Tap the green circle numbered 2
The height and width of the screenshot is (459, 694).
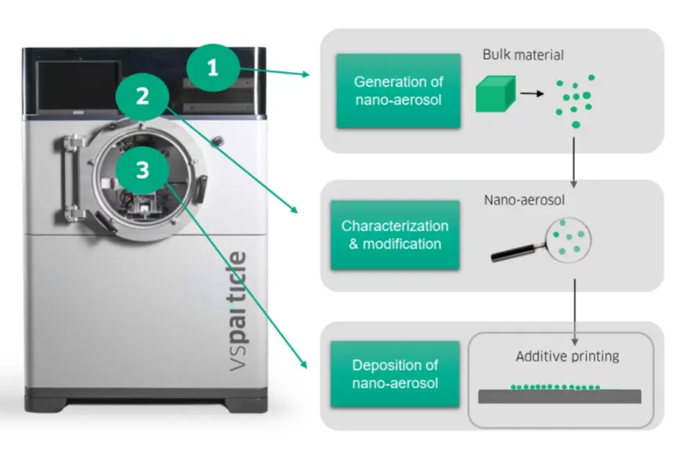pyautogui.click(x=142, y=97)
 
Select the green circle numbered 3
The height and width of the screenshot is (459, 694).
pyautogui.click(x=142, y=171)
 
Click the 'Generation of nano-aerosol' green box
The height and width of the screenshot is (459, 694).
pyautogui.click(x=398, y=91)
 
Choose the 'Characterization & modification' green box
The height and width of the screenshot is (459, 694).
pyautogui.click(x=395, y=234)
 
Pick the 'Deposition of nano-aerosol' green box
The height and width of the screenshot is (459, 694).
pyautogui.click(x=395, y=374)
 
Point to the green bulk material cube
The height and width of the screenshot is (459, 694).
pyautogui.click(x=495, y=93)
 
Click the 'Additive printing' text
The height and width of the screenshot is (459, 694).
pyautogui.click(x=567, y=357)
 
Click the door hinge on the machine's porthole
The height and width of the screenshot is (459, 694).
pyautogui.click(x=74, y=176)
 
